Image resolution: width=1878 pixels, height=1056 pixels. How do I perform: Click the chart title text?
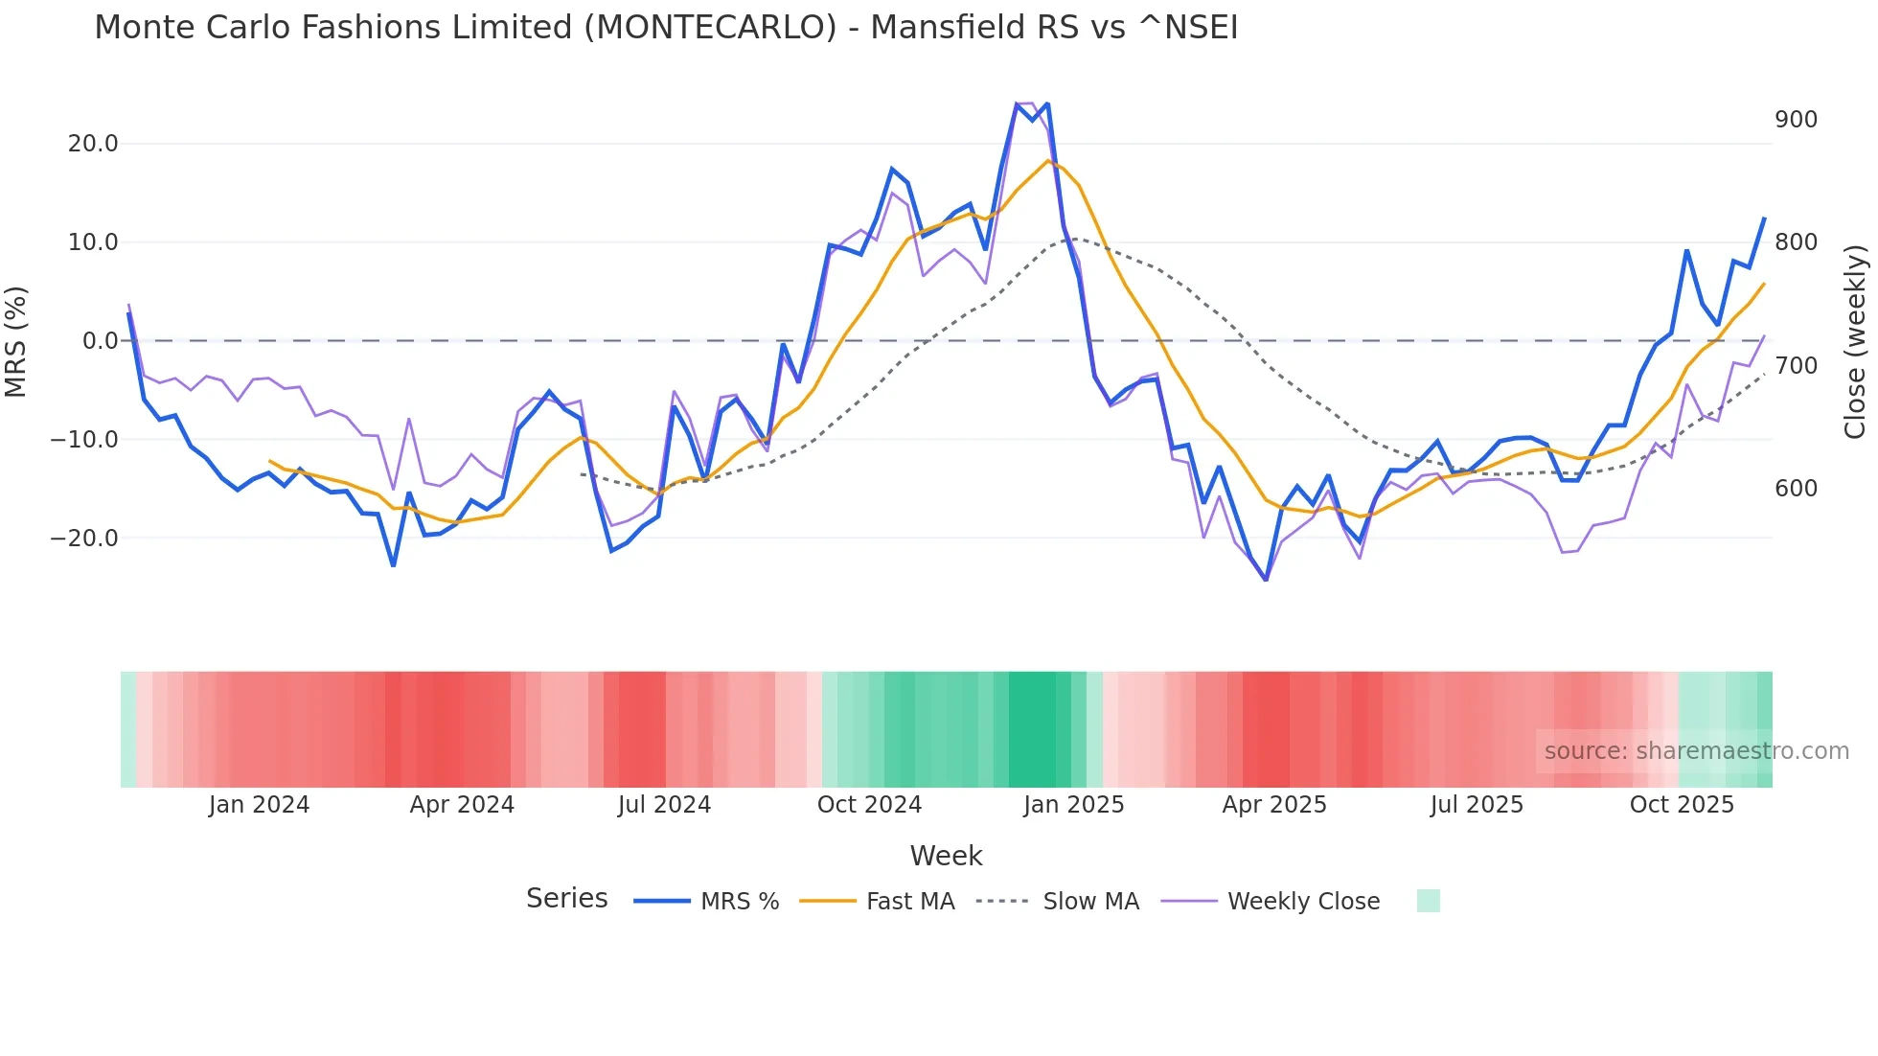coord(666,28)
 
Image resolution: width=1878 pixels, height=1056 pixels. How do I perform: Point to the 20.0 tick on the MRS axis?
coord(92,144)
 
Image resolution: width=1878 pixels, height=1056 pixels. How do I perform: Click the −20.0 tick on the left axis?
coord(84,539)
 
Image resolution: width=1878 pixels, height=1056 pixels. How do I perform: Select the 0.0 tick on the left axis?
coord(100,341)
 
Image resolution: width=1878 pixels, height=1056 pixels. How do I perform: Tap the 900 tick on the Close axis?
coord(1796,120)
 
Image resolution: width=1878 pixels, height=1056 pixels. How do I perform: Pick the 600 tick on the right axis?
coord(1796,489)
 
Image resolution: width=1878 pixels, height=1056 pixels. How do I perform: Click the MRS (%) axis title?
coord(16,341)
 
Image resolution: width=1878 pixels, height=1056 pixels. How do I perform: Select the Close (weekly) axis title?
coord(1855,341)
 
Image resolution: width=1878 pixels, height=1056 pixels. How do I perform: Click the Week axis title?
coord(946,856)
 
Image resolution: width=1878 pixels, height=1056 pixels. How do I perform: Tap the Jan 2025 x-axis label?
coord(1073,805)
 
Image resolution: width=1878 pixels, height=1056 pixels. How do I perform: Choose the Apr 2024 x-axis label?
coord(462,805)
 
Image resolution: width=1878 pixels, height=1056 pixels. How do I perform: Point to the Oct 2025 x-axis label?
coord(1682,805)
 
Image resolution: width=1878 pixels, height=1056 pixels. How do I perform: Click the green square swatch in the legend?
coord(1428,901)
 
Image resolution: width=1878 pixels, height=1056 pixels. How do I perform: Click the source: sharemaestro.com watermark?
coord(1696,751)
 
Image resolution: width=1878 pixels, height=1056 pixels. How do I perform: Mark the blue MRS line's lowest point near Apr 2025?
coord(1266,580)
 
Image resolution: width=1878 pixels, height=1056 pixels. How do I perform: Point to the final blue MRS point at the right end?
coord(1764,218)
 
